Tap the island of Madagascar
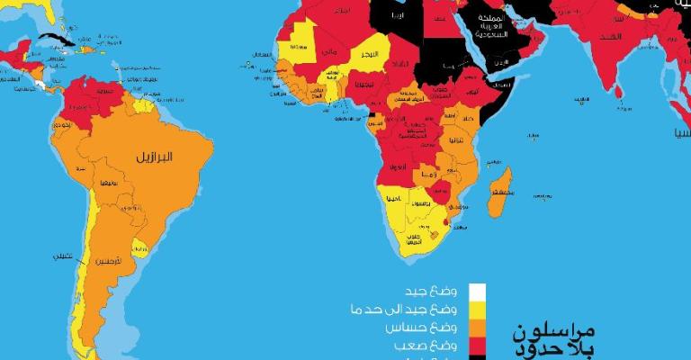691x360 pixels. coord(500,190)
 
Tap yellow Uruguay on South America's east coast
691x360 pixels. coord(139,246)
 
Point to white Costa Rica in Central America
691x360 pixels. coord(40,85)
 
